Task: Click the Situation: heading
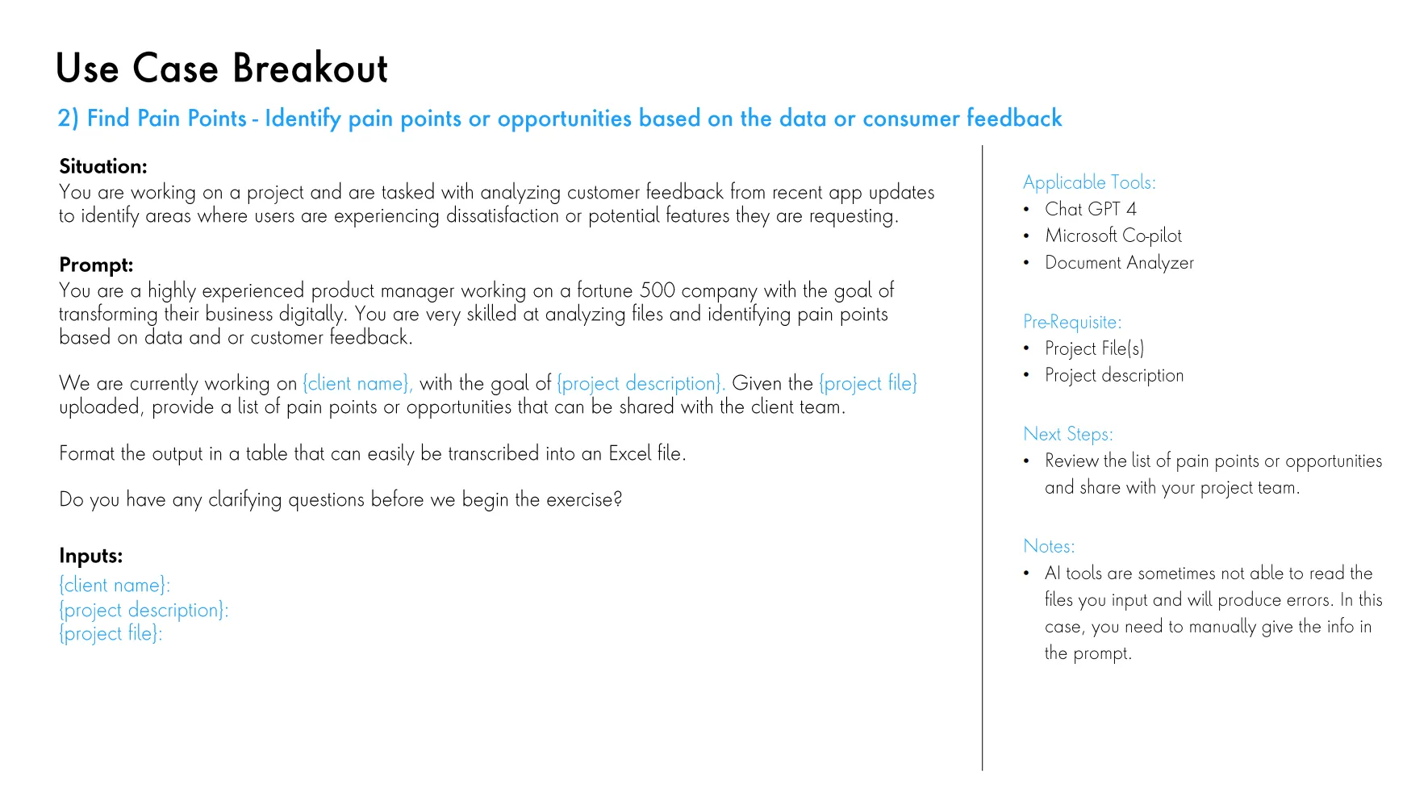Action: pyautogui.click(x=103, y=167)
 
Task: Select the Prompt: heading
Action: pyautogui.click(x=96, y=265)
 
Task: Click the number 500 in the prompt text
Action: pyautogui.click(x=658, y=290)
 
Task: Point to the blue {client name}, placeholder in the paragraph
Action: pyautogui.click(x=357, y=384)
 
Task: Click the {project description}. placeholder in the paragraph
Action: pyautogui.click(x=641, y=384)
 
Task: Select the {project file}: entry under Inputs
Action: pyautogui.click(x=111, y=634)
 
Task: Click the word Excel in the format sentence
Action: pyautogui.click(x=630, y=453)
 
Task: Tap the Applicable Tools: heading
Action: pyautogui.click(x=1088, y=183)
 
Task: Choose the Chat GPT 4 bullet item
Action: pyautogui.click(x=1090, y=210)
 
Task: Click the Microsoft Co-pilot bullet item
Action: pyautogui.click(x=1113, y=236)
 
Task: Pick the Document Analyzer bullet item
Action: pyautogui.click(x=1118, y=263)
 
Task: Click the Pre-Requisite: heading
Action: pyautogui.click(x=1071, y=323)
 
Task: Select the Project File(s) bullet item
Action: pyautogui.click(x=1094, y=349)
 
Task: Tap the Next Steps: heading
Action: pyautogui.click(x=1067, y=435)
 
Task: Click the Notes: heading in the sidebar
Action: pyautogui.click(x=1048, y=547)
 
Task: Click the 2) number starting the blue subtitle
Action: pyautogui.click(x=68, y=119)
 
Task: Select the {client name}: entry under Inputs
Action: pyautogui.click(x=115, y=586)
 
